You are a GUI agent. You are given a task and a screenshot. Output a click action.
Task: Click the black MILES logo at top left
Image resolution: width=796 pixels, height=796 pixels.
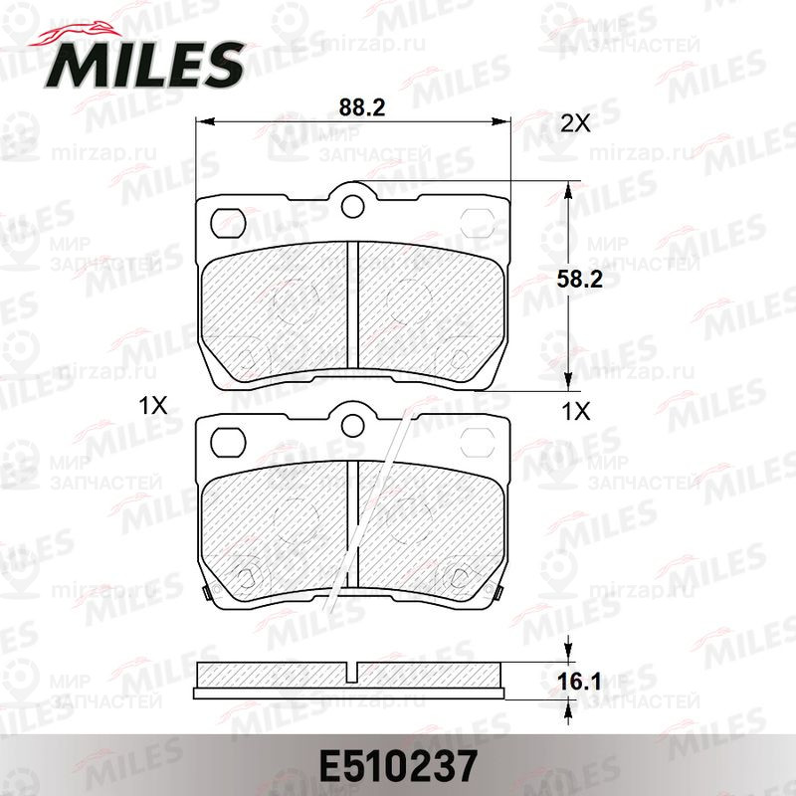[143, 65]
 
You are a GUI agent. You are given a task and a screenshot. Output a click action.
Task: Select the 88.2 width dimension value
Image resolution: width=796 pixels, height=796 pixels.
[362, 107]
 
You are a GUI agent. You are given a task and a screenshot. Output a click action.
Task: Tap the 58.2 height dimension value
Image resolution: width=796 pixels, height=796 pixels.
[579, 280]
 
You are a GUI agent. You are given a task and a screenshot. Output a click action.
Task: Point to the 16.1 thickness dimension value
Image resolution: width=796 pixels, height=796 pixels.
[579, 682]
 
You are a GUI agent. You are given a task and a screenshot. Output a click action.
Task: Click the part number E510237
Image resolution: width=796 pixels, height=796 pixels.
[398, 766]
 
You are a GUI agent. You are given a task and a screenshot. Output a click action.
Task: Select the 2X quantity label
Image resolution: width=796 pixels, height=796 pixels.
[576, 122]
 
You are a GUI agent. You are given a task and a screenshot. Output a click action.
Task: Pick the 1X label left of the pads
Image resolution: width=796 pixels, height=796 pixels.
[153, 405]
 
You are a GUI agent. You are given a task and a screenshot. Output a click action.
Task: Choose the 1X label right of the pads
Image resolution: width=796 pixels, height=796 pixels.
[576, 411]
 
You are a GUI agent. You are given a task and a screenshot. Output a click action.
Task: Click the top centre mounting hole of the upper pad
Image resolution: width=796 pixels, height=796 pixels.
[353, 206]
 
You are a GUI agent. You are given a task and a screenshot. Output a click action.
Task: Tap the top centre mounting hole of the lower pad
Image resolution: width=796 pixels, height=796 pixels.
[353, 425]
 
